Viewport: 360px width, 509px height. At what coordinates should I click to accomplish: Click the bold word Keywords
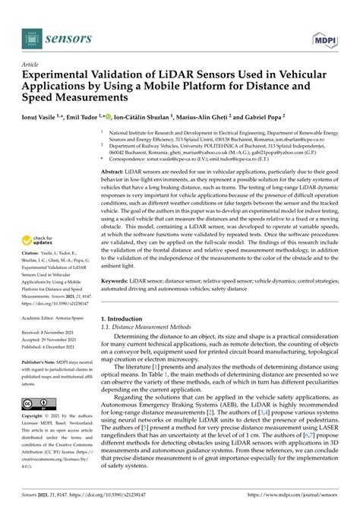[116, 281]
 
